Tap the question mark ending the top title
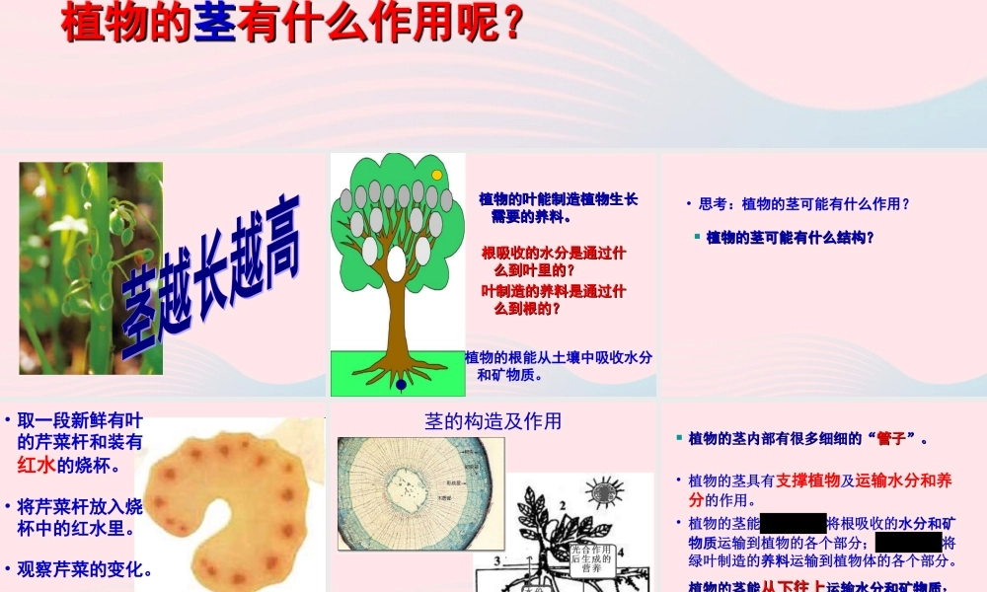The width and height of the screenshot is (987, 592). point(511,25)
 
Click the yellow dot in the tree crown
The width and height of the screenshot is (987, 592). point(437,175)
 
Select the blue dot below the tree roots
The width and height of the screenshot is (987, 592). point(401,386)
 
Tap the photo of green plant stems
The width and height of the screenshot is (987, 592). point(91,268)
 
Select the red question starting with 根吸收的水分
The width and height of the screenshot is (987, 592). point(553,260)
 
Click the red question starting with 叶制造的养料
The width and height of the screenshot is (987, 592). point(553,300)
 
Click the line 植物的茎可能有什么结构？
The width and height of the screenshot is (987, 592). point(790,237)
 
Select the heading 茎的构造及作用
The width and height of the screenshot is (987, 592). point(493,421)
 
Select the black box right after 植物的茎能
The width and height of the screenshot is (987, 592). point(793,523)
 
